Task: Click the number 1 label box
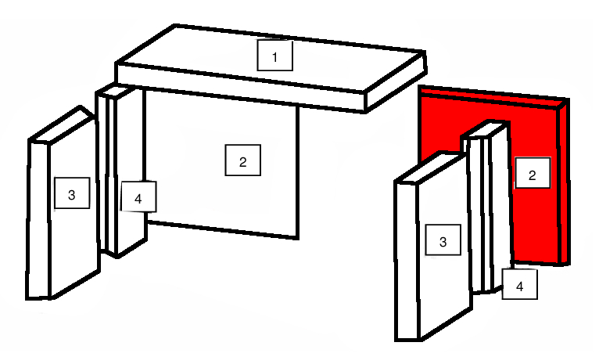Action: (275, 56)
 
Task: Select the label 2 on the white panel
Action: (243, 160)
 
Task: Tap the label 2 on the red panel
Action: (533, 173)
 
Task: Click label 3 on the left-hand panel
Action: (72, 193)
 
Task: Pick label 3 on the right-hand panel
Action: (443, 240)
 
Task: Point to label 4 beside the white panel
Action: (138, 196)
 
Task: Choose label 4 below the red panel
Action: (519, 284)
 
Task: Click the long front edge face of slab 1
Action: (240, 88)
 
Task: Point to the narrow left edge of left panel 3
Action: (38, 220)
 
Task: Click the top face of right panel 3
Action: (431, 168)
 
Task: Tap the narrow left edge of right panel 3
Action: (407, 262)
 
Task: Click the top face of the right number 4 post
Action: (486, 130)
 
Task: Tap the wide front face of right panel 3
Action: (445, 248)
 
